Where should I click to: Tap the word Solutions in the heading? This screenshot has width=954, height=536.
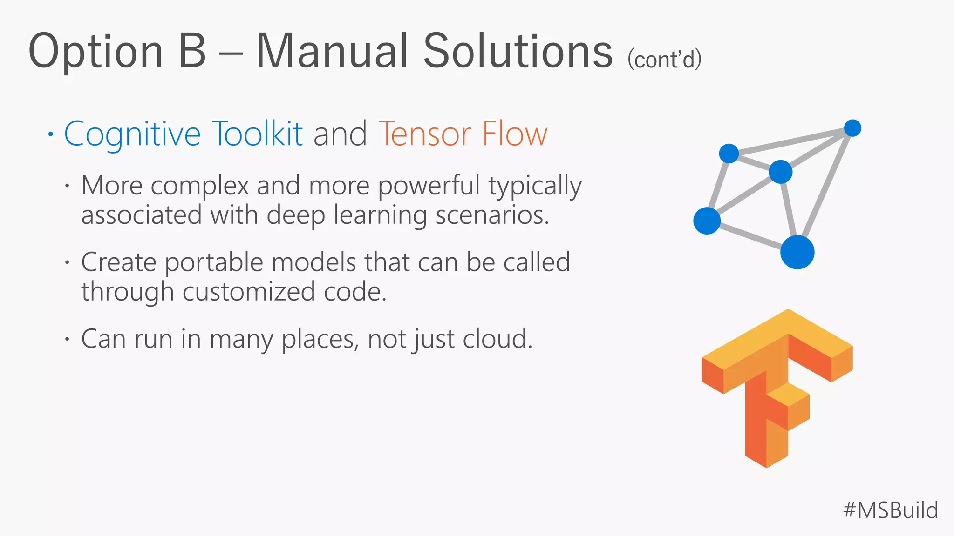(518, 51)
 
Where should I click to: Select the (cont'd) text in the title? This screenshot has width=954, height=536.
(664, 60)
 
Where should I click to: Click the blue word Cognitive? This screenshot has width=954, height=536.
(132, 134)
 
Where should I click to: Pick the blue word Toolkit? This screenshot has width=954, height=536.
(257, 134)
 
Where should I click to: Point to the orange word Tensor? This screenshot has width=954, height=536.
(424, 134)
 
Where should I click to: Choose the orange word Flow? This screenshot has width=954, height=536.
(515, 134)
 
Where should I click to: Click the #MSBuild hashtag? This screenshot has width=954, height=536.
(890, 510)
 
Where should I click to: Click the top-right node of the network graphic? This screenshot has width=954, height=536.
(852, 128)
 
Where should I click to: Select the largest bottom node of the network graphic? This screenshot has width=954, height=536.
(797, 252)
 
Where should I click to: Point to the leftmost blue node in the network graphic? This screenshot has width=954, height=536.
(707, 221)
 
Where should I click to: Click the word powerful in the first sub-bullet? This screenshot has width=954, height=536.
(428, 186)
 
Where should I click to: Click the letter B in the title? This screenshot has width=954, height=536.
(192, 51)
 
